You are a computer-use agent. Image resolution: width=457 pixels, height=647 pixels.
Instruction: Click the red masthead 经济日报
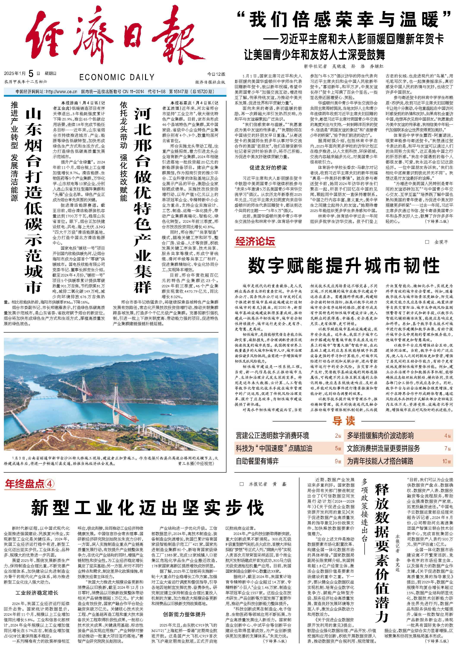point(109,37)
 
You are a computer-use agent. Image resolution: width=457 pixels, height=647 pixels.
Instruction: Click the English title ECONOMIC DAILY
point(117,77)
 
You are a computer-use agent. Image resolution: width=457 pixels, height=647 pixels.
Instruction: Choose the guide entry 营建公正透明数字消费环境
point(272,436)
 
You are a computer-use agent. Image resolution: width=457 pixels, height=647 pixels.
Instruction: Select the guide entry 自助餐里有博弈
point(257,461)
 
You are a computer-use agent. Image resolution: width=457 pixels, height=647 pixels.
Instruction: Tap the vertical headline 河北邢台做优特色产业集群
point(143,200)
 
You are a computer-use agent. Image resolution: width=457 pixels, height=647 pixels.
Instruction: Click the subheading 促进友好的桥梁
point(268,168)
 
